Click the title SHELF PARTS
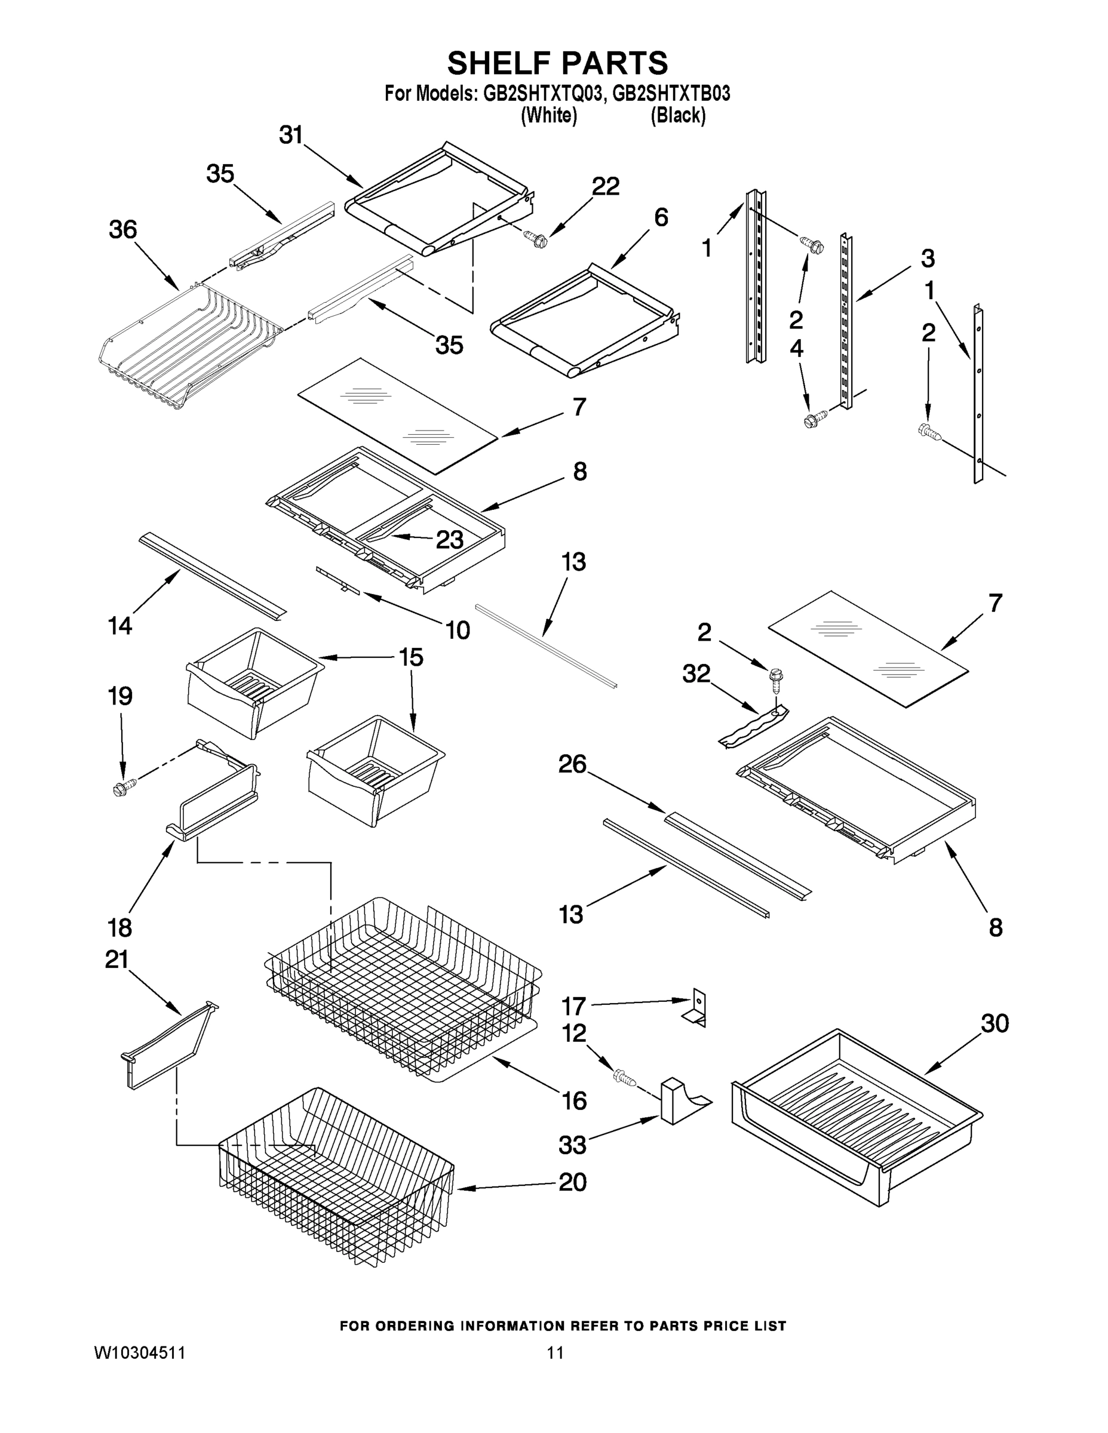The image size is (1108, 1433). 557,64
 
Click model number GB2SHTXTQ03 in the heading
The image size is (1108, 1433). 543,94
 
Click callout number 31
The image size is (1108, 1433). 291,135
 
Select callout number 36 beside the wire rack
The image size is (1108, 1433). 123,230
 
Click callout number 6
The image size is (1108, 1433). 661,217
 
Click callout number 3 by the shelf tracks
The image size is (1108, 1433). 927,259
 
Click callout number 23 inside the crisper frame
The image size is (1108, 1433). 450,540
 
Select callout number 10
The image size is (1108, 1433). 458,631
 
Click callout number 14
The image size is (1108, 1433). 120,626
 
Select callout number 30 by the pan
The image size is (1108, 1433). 995,1023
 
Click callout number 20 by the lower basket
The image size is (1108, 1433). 572,1182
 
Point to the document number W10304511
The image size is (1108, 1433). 140,1352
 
